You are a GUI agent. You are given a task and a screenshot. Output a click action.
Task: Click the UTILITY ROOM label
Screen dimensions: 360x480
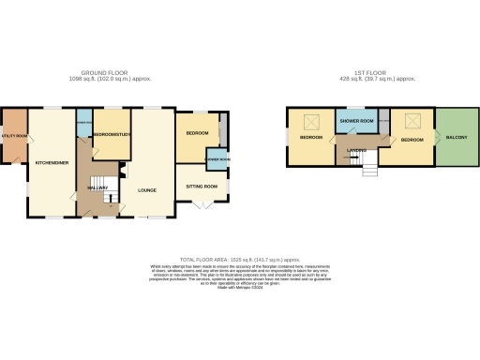(x=14, y=137)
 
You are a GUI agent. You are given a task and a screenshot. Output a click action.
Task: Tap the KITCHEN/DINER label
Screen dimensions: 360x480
(x=50, y=162)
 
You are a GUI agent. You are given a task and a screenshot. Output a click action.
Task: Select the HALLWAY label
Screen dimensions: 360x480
(x=98, y=187)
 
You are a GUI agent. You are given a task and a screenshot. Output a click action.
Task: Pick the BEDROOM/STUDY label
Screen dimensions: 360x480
(x=110, y=135)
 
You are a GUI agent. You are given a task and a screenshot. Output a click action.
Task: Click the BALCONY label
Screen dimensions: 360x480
(x=456, y=138)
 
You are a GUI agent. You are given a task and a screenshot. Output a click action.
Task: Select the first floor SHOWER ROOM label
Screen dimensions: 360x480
(x=356, y=122)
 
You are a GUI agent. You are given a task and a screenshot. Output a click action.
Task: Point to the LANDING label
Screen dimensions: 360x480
(x=356, y=150)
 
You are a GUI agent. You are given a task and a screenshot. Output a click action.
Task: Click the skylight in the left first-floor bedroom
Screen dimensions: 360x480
(x=313, y=120)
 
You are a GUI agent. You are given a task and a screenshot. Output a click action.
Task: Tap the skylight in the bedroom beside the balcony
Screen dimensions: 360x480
(x=412, y=120)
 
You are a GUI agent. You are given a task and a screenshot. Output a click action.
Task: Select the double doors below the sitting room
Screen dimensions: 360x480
(x=202, y=205)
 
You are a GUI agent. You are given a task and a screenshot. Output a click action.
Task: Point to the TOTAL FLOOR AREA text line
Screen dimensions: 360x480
(x=240, y=258)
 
